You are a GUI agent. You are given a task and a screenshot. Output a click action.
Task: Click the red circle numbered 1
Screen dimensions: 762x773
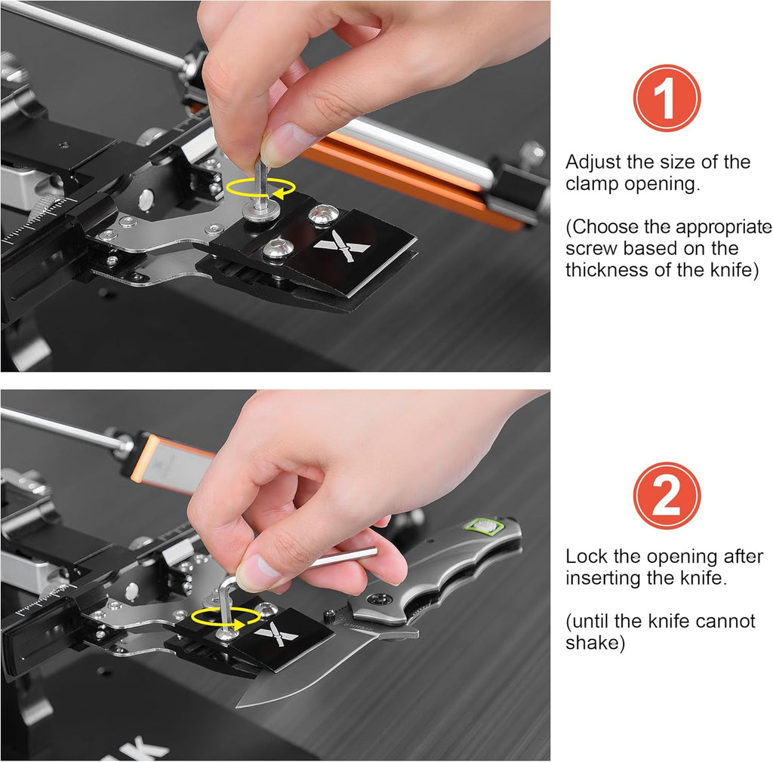click(x=667, y=98)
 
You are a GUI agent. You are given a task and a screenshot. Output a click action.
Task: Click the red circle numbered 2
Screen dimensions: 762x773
click(x=667, y=496)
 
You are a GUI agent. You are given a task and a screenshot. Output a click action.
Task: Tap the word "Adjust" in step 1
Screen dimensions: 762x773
click(x=593, y=162)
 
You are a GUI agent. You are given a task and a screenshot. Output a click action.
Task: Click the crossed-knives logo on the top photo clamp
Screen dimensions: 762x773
click(x=341, y=245)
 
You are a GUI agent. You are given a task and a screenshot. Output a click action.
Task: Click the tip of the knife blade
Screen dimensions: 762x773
click(x=239, y=705)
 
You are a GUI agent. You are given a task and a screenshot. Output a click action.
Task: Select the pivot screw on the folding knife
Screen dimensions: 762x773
click(x=379, y=600)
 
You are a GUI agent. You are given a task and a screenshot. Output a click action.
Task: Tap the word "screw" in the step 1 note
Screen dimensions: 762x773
click(x=589, y=248)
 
